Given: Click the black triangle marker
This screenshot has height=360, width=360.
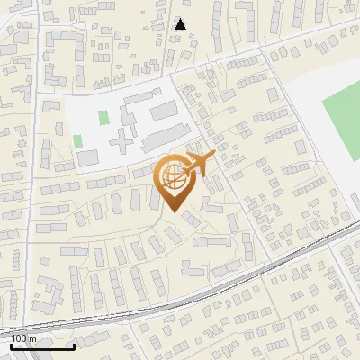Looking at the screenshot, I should [181, 24].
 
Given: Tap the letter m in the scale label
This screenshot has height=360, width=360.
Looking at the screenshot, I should [32, 338].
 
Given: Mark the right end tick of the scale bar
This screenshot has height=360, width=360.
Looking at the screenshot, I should [74, 345].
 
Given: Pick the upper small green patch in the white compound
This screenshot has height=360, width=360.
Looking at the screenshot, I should [103, 117].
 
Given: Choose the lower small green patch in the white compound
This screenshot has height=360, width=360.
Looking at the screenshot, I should [77, 141].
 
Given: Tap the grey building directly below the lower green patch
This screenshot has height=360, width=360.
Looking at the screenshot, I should [86, 159].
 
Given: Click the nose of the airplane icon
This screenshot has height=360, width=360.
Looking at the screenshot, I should [212, 158].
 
